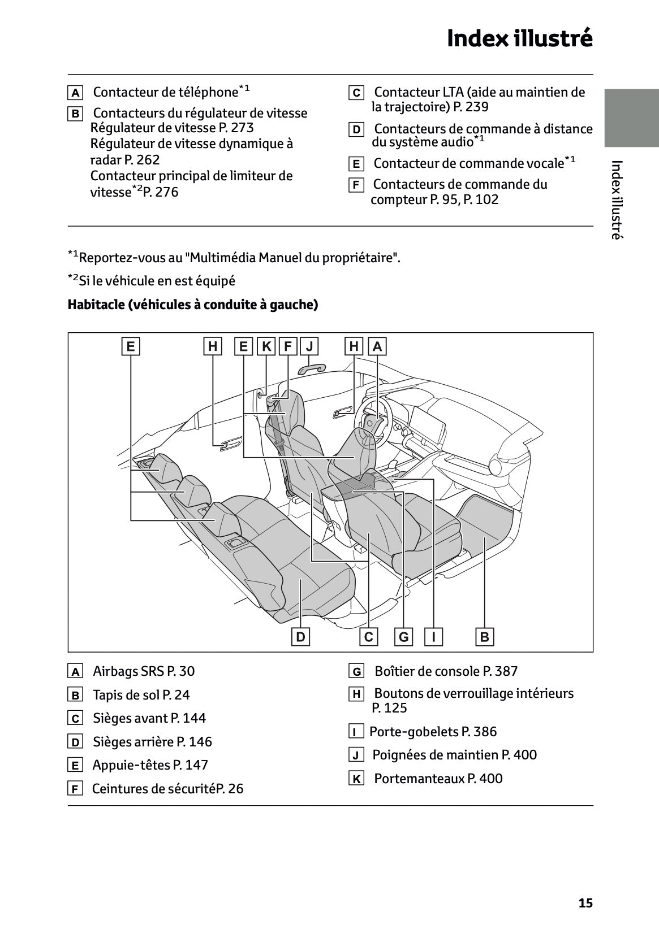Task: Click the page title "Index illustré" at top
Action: tap(519, 38)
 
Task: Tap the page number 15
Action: tap(585, 903)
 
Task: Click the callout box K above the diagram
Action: tap(266, 346)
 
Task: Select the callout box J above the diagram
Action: tap(309, 346)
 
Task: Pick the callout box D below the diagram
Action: tap(300, 637)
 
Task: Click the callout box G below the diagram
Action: tap(404, 637)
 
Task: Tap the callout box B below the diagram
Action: tap(485, 637)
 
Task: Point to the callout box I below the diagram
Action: tap(434, 637)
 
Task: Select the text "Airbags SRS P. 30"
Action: tap(143, 671)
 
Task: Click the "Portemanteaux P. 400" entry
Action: tap(438, 779)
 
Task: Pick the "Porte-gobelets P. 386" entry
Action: tap(433, 732)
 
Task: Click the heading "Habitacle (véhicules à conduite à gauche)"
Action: tap(193, 305)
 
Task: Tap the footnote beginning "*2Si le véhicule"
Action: tap(152, 281)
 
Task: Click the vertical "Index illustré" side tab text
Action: tap(617, 200)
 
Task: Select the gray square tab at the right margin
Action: tap(631, 118)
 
